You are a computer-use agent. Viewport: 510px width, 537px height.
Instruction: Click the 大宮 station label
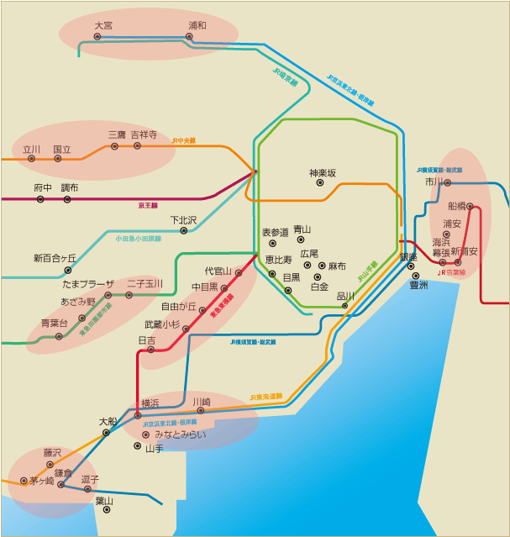[x=103, y=26]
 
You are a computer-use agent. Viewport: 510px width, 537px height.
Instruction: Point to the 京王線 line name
[x=148, y=205]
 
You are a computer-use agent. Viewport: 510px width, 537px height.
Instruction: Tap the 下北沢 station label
[x=183, y=220]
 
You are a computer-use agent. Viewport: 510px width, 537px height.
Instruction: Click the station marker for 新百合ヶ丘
[x=67, y=271]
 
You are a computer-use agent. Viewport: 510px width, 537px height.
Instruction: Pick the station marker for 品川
[x=344, y=306]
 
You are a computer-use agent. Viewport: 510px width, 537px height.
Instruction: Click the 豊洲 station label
[x=418, y=286]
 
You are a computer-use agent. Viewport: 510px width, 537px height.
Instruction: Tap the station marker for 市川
[x=448, y=182]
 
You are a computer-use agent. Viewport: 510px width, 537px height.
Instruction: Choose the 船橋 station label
[x=457, y=206]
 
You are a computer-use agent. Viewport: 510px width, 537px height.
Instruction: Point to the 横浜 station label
[x=150, y=403]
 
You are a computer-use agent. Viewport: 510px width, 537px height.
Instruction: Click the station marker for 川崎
[x=201, y=411]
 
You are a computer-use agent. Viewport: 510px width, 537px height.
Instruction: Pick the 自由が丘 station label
[x=177, y=307]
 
